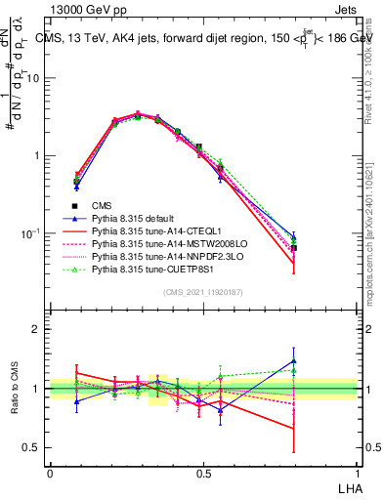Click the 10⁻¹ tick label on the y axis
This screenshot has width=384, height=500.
[32, 234]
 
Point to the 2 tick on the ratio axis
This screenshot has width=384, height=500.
[36, 329]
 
